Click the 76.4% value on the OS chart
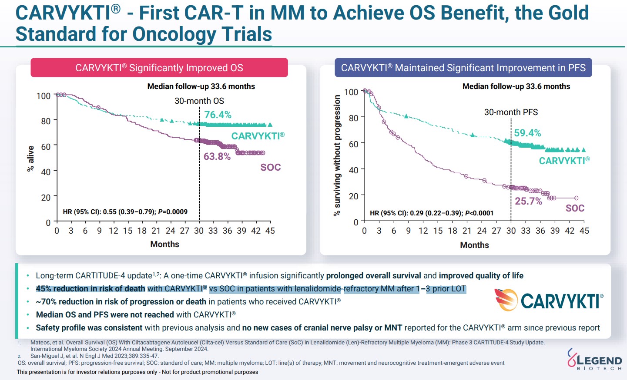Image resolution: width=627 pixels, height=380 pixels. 218,115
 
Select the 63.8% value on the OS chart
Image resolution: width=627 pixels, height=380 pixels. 217,156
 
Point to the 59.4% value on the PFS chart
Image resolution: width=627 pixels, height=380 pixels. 527,133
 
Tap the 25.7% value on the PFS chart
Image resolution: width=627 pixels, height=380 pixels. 528,201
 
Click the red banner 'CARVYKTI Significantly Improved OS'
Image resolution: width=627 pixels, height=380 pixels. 159,68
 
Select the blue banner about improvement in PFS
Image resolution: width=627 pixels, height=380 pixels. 463,68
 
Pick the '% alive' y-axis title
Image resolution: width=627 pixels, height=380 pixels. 30,159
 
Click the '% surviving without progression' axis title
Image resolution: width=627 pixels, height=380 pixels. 337,155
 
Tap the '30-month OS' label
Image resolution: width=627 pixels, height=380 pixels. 199,101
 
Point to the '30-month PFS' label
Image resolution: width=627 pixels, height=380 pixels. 511,112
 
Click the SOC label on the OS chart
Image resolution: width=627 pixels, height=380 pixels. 271,167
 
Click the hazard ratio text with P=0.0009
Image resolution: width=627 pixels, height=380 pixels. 125,212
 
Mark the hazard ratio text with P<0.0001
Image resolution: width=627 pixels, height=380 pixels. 432,213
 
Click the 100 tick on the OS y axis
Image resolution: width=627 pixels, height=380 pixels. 44,96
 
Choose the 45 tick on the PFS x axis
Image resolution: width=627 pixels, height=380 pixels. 584,231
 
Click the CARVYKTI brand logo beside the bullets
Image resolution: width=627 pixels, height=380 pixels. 549,300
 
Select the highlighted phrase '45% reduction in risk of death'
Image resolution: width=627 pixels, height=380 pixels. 91,289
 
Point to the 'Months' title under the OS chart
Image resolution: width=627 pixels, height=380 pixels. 164,244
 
